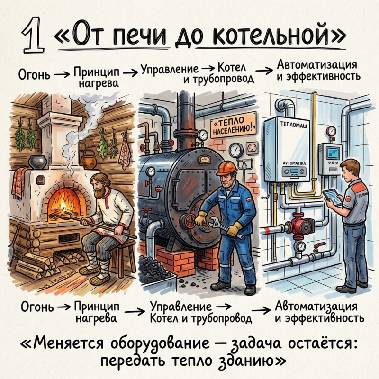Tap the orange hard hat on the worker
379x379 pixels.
[227, 168]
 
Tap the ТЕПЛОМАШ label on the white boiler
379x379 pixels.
[293, 125]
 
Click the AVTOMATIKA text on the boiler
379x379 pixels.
[294, 163]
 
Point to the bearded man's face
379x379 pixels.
[99, 185]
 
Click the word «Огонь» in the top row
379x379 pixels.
[34, 75]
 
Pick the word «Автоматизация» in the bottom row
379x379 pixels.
[316, 306]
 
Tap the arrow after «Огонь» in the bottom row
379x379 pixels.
[64, 307]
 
